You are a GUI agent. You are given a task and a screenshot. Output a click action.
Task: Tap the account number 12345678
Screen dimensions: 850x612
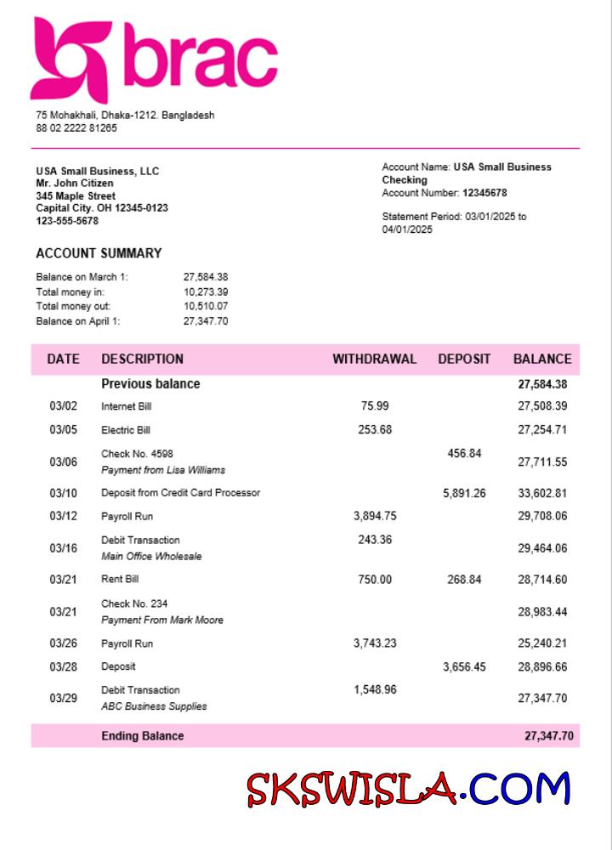[x=484, y=193]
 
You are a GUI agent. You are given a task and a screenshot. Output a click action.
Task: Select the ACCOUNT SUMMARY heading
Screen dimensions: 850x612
[x=99, y=253]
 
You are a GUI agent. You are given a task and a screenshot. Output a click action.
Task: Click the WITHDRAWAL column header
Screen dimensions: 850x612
[x=374, y=359]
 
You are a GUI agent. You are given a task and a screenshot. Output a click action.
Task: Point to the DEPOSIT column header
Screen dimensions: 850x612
[x=464, y=359]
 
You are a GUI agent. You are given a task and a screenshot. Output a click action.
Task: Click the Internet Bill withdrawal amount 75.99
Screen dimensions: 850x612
[x=375, y=406]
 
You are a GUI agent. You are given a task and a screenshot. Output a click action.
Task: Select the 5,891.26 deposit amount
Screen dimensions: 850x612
[x=464, y=493]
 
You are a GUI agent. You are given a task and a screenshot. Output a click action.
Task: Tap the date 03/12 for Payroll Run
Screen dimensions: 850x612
[x=63, y=516]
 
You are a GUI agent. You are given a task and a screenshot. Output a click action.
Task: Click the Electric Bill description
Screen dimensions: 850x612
[x=126, y=430]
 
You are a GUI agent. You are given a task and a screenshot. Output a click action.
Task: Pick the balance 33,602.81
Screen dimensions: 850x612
[x=542, y=493]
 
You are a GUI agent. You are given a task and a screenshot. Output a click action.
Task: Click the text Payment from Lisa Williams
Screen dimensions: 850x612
[x=163, y=470]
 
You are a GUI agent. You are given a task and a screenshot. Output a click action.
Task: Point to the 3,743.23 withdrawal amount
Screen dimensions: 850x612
[x=375, y=643]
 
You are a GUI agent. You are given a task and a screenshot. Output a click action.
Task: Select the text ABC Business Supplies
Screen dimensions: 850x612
[x=154, y=706]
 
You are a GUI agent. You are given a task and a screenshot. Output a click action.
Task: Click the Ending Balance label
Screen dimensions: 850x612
[x=142, y=736]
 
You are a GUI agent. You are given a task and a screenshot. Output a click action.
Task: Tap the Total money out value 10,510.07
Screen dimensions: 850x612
[x=206, y=306]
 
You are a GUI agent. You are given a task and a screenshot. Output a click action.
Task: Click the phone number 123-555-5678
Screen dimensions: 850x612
[x=67, y=221]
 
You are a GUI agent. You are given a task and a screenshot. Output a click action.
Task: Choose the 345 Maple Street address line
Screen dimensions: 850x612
[x=76, y=196]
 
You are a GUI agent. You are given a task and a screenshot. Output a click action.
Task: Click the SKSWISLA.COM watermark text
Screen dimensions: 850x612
[x=409, y=789]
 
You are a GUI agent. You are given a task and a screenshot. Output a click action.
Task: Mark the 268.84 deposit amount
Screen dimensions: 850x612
[x=464, y=580]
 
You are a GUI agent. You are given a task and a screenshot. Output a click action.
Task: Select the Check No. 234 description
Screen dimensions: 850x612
[x=134, y=603]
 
